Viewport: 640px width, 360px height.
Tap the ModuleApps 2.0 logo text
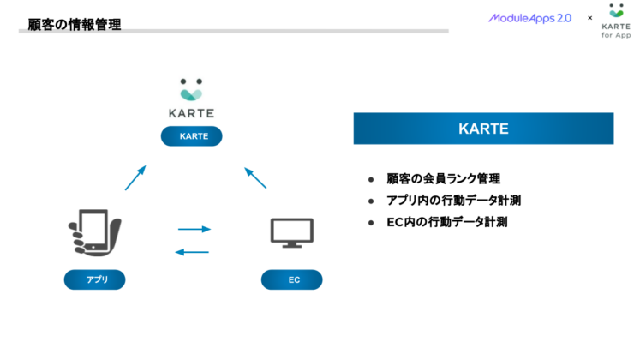pyautogui.click(x=529, y=18)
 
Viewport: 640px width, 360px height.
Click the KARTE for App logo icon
pyautogui.click(x=616, y=12)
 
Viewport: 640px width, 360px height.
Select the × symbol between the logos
pyautogui.click(x=589, y=18)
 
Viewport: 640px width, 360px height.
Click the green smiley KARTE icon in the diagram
pyautogui.click(x=192, y=88)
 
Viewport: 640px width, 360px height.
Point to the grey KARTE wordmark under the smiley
pyautogui.click(x=192, y=112)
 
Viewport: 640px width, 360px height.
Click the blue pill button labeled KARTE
pyautogui.click(x=192, y=136)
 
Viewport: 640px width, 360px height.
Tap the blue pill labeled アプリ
pyautogui.click(x=94, y=279)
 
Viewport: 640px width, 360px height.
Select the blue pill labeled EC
pyautogui.click(x=292, y=279)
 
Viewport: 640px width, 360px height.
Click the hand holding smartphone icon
pyautogui.click(x=94, y=234)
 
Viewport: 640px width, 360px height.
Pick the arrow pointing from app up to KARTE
pyautogui.click(x=135, y=177)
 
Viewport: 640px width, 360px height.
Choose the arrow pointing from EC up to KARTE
pyautogui.click(x=255, y=177)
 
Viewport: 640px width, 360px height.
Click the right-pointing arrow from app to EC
pyautogui.click(x=194, y=229)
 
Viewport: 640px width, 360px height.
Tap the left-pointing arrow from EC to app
pyautogui.click(x=192, y=252)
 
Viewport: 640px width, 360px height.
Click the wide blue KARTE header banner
pyautogui.click(x=483, y=129)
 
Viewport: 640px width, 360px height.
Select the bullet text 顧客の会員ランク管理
pyautogui.click(x=443, y=179)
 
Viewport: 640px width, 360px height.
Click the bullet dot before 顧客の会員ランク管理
pyautogui.click(x=371, y=180)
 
